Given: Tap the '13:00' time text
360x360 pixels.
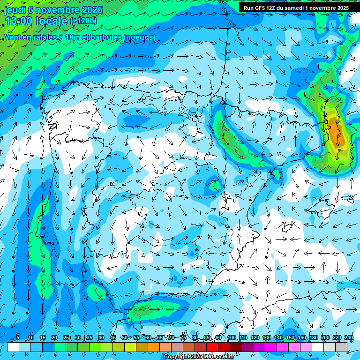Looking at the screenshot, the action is pos(18,21).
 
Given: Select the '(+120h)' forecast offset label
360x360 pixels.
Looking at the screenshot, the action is pos(83,21).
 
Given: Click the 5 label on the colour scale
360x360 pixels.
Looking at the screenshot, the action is pos(18,338).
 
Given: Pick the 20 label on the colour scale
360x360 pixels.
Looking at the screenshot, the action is pos(54,338).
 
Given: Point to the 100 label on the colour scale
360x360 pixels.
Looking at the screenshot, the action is pos(231,338).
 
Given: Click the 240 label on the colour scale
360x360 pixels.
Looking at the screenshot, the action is pos(348,338).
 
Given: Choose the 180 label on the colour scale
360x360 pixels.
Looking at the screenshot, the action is pos(313,338).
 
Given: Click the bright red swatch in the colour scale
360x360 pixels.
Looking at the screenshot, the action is pos(212,347).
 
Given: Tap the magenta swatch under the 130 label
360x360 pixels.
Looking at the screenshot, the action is pos(271,347).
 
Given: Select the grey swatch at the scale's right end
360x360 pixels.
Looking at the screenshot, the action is pos(341,347).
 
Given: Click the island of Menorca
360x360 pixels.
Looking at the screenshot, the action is pos(348,199).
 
